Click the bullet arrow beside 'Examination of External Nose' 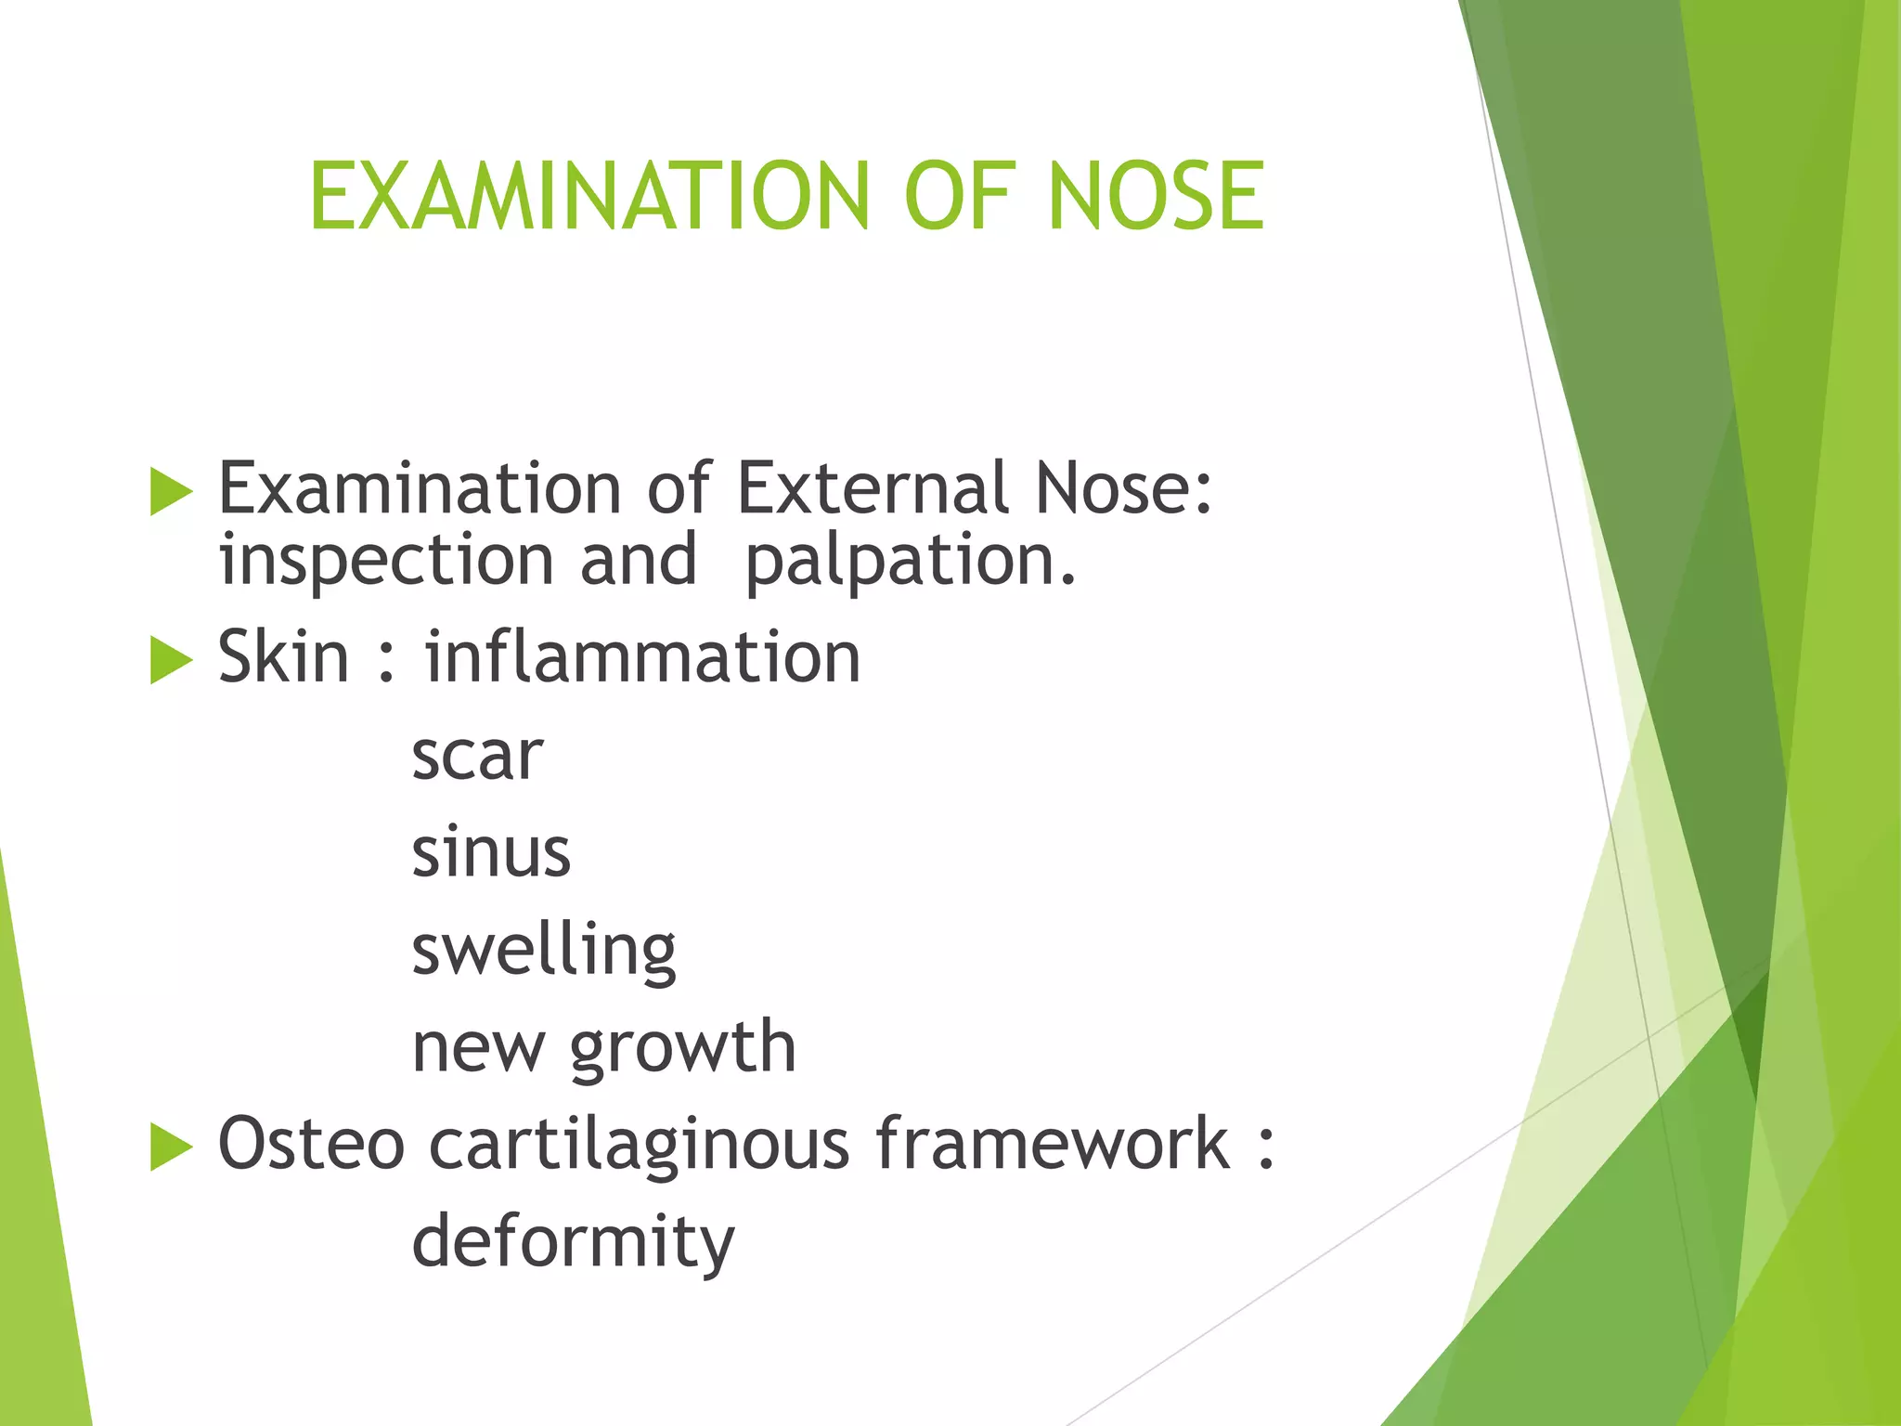click(x=171, y=491)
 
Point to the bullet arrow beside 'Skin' click(x=171, y=661)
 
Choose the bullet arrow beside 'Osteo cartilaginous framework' click(x=171, y=1147)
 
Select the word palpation click(x=911, y=563)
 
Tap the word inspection click(x=386, y=563)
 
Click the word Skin click(x=283, y=657)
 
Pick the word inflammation click(x=642, y=657)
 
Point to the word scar click(x=476, y=756)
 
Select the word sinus click(x=490, y=852)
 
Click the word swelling click(x=544, y=952)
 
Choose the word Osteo click(x=311, y=1144)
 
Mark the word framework click(x=1053, y=1144)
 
